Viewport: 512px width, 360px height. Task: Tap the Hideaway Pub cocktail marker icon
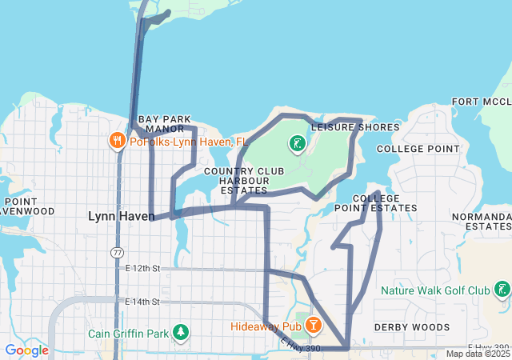pos(313,326)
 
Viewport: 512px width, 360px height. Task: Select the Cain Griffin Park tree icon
pos(181,332)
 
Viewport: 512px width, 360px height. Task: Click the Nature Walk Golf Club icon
pos(502,290)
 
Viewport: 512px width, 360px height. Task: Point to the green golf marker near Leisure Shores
pos(297,145)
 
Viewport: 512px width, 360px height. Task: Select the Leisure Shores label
pos(355,127)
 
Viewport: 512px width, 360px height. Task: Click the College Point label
pos(418,149)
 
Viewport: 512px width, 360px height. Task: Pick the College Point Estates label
pos(385,203)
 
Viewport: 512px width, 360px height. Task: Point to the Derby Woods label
pos(412,327)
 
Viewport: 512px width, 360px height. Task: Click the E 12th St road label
pos(143,269)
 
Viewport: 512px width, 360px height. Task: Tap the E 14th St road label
pos(143,302)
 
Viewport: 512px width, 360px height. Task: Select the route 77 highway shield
pos(117,252)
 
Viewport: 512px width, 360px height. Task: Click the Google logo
pos(26,350)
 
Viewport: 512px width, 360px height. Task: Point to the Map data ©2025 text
pos(477,354)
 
